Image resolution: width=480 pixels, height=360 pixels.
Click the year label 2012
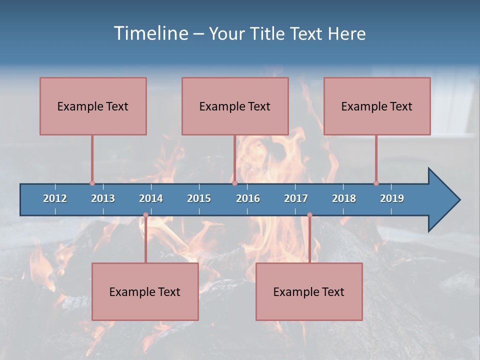(x=55, y=198)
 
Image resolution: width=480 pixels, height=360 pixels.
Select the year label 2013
(x=103, y=198)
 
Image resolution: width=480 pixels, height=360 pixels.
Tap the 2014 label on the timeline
(x=151, y=198)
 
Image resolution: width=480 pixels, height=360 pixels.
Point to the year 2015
(x=199, y=198)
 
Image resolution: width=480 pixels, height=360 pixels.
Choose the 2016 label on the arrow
(x=248, y=198)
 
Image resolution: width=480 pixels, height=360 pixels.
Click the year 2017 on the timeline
(x=296, y=198)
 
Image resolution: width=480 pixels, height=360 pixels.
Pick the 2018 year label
(x=344, y=198)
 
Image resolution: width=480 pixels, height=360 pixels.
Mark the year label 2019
(x=392, y=198)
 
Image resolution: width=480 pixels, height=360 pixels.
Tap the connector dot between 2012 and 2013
(x=92, y=183)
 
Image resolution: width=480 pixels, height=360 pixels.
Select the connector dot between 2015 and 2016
(x=234, y=183)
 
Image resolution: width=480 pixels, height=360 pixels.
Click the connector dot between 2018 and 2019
(x=376, y=183)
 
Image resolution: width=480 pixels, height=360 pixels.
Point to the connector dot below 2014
(x=145, y=215)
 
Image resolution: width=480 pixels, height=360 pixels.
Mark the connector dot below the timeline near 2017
(x=309, y=215)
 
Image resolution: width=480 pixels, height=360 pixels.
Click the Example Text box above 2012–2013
(x=93, y=106)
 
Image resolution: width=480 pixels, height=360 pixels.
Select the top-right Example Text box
(x=377, y=106)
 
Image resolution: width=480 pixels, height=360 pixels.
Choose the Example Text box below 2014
(x=145, y=291)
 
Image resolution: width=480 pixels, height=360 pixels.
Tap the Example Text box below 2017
(x=309, y=291)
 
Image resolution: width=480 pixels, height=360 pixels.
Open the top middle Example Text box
(x=235, y=106)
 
